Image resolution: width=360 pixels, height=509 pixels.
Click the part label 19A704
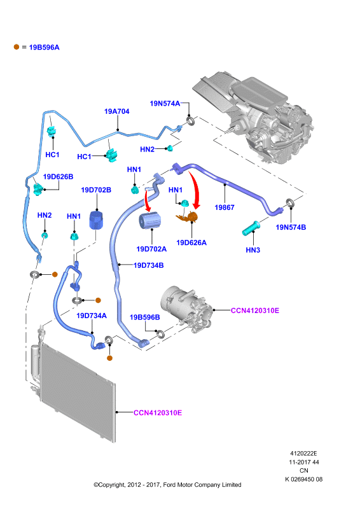(116, 111)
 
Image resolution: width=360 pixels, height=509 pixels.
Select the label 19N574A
(165, 104)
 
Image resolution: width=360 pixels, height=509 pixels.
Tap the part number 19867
(225, 207)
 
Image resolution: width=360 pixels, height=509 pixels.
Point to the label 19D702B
(96, 190)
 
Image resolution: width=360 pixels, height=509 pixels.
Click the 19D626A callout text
(191, 242)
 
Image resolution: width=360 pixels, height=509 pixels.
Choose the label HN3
(253, 250)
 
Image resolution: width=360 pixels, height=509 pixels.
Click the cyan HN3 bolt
(251, 228)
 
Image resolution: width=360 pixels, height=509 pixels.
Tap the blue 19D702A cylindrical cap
(149, 220)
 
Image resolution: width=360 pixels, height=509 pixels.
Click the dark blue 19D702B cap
(96, 220)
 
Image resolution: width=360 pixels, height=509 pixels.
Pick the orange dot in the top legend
(17, 47)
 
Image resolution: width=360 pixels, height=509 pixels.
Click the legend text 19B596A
(44, 47)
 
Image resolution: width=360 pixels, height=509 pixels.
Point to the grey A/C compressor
(187, 310)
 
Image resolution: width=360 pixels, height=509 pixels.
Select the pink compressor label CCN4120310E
(255, 310)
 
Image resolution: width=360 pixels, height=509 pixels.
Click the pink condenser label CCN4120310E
(158, 412)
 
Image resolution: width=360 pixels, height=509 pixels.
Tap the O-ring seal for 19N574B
(291, 204)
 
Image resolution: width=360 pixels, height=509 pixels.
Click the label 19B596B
(145, 317)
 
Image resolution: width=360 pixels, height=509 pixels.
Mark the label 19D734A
(92, 316)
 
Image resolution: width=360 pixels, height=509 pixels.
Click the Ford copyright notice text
(167, 485)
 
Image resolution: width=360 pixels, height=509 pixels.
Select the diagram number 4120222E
(303, 454)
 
